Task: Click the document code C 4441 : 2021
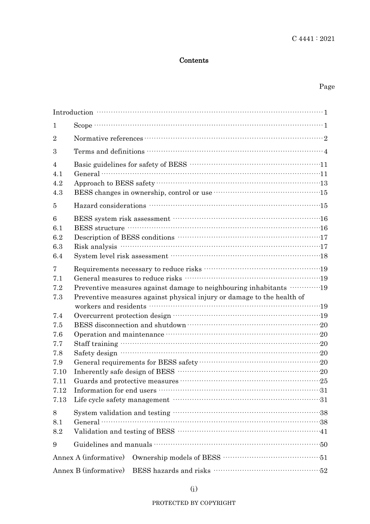click(313, 39)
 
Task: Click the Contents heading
click(194, 60)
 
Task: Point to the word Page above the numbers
click(327, 86)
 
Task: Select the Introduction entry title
click(73, 113)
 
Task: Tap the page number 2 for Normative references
click(326, 139)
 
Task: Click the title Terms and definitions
click(109, 152)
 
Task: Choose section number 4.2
click(58, 183)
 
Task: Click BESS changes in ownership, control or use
click(143, 192)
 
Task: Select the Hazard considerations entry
click(110, 206)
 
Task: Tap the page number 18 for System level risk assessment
click(324, 256)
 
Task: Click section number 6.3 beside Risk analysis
click(58, 247)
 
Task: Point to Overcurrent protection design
click(122, 316)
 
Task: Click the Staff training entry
click(96, 344)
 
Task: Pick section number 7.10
click(60, 372)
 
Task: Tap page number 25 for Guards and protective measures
click(324, 381)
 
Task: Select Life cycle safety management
click(122, 400)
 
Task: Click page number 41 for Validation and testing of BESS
click(324, 431)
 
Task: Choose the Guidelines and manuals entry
click(113, 445)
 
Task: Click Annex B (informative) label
click(88, 471)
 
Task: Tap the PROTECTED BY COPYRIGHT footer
click(194, 503)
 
